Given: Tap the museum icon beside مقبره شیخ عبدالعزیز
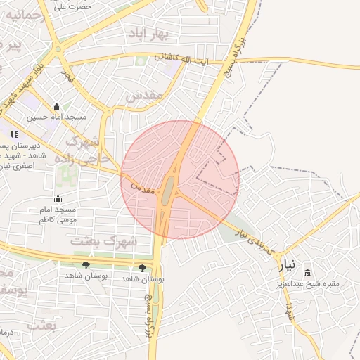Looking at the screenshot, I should (x=307, y=273).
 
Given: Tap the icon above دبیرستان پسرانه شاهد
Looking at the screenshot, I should (x=13, y=134).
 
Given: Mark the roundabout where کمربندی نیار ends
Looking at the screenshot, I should (x=58, y=49).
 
